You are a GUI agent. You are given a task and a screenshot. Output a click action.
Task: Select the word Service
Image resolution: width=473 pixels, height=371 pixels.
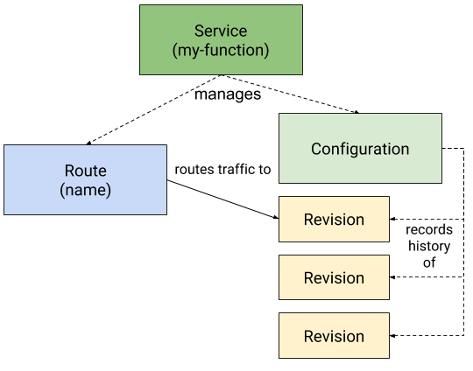(x=221, y=31)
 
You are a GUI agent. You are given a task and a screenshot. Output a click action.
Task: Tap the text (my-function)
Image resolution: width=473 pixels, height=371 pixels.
(x=221, y=50)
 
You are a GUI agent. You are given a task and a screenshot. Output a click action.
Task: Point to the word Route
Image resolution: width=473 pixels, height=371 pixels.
(x=85, y=170)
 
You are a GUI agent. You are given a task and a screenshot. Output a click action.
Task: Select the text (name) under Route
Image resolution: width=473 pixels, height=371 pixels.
(x=85, y=189)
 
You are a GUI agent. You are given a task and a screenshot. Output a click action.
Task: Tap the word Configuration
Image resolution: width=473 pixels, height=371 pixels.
(x=360, y=149)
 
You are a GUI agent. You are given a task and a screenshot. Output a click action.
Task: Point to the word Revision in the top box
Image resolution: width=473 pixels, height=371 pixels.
(x=334, y=220)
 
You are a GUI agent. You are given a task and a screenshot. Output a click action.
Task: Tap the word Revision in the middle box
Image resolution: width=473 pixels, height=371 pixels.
(x=334, y=278)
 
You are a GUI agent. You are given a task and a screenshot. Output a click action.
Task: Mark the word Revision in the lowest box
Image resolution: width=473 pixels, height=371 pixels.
(x=334, y=337)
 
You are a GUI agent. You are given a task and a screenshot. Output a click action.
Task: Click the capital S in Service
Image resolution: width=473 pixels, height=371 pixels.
(x=199, y=31)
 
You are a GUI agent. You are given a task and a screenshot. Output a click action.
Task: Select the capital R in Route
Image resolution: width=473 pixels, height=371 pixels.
(x=69, y=170)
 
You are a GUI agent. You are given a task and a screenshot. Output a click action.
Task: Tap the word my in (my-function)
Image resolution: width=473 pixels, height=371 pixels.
(x=187, y=51)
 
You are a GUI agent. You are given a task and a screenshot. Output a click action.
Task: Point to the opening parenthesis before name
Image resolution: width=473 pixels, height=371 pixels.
(x=62, y=189)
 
